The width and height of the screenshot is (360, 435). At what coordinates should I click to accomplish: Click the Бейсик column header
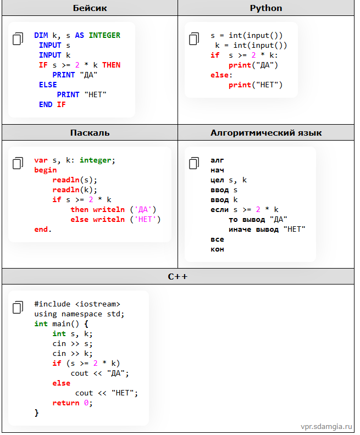point(90,8)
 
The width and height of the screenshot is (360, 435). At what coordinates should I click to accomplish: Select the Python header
point(266,8)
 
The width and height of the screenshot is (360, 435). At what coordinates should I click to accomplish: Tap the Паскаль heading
point(90,132)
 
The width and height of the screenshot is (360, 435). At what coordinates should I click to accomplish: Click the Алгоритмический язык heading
point(266,132)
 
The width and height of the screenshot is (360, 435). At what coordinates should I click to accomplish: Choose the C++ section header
point(178,276)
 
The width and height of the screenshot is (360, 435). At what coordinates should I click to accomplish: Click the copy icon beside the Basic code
point(18,38)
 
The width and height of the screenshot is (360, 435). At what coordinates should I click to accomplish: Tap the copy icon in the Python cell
point(194,38)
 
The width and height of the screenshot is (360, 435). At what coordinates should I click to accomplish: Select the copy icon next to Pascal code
point(18,163)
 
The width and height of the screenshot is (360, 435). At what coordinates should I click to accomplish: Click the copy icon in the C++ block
point(18,307)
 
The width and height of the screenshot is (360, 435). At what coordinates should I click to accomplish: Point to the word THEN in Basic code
point(112,65)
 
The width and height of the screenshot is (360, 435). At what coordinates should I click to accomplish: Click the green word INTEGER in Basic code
point(104,35)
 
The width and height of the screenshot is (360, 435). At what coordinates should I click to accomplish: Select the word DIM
point(41,35)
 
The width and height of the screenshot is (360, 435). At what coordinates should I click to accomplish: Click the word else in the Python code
point(219,75)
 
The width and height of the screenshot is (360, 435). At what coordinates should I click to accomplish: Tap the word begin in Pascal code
point(46,170)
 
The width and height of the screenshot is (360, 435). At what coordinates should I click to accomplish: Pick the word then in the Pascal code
point(79,209)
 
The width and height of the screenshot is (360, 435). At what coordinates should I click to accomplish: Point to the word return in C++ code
point(66,403)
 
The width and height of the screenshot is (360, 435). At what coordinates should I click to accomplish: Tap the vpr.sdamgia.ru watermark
point(326,426)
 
